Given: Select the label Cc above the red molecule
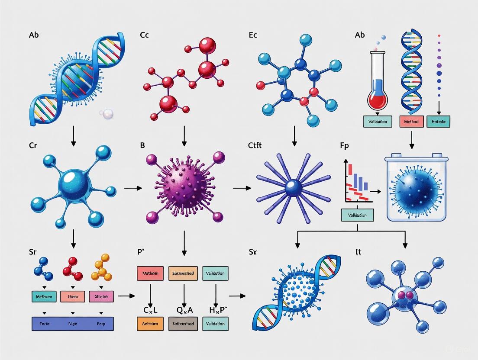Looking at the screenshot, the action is tap(145, 35).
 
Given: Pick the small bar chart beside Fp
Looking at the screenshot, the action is tap(358, 182).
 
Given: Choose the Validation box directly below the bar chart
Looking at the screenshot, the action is tap(357, 215).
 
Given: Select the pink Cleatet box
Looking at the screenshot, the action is tap(101, 296).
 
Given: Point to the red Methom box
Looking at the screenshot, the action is tap(150, 273).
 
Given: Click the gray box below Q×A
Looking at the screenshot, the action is tap(183, 324).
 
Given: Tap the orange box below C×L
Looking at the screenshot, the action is tap(150, 324).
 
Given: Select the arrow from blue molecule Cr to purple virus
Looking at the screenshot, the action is tap(132, 188).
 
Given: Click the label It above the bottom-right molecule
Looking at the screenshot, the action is tap(358, 251).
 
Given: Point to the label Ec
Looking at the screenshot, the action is tap(253, 35).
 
